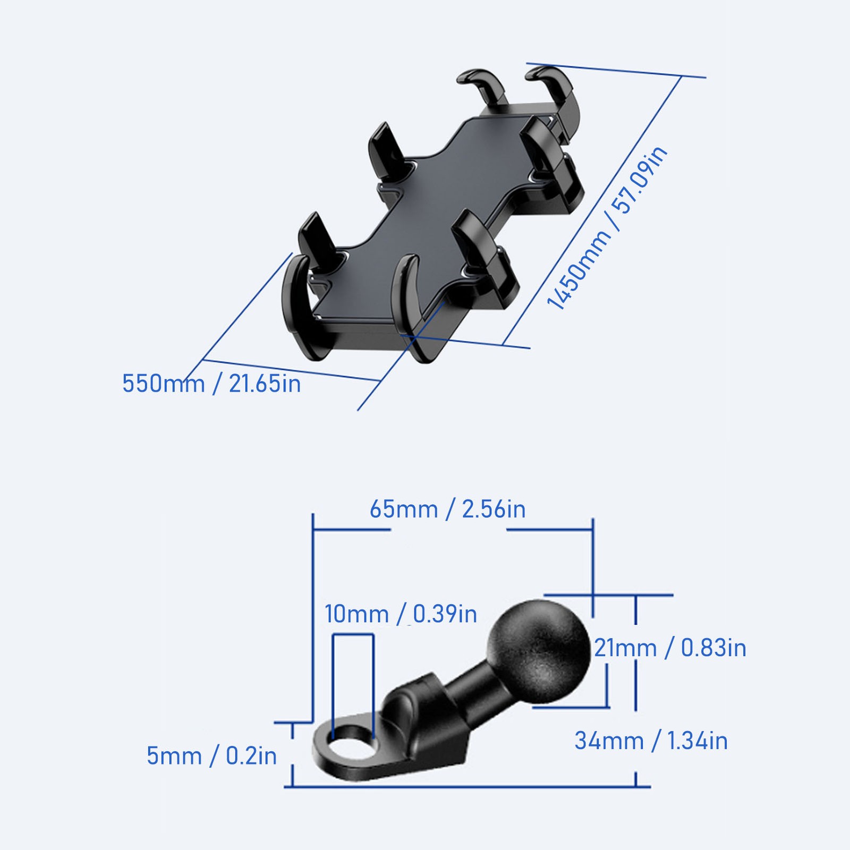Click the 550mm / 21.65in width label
point(211,384)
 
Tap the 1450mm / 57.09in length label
point(607,228)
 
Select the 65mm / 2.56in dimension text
point(447,509)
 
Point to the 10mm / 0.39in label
point(401,614)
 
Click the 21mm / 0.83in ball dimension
point(670,648)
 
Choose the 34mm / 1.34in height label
point(651,741)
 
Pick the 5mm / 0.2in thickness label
point(211,756)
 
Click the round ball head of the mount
point(539,647)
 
